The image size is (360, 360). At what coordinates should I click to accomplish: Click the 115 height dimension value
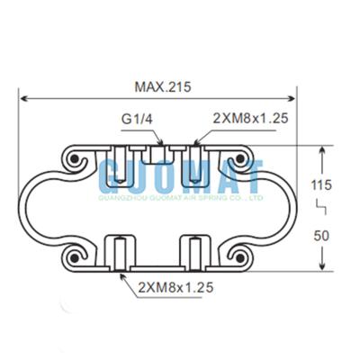point(322,184)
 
